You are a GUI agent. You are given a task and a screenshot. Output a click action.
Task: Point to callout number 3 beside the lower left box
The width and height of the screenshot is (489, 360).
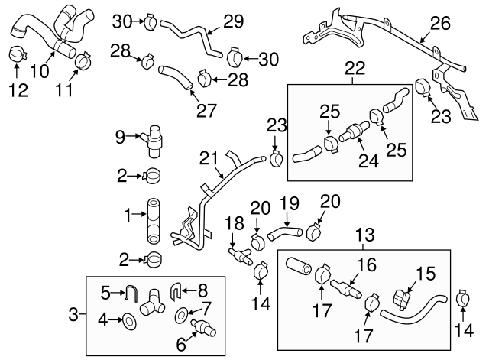pyautogui.click(x=73, y=313)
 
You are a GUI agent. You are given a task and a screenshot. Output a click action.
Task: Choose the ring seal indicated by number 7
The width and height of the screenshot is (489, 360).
pyautogui.click(x=182, y=313)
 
